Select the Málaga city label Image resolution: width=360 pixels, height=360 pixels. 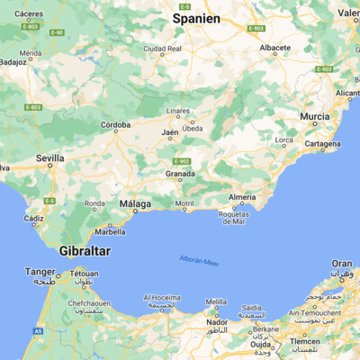[135, 204]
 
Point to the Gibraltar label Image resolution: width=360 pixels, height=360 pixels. [85, 251]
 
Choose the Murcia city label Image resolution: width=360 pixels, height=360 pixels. [314, 117]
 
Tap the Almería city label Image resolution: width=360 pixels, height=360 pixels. [242, 196]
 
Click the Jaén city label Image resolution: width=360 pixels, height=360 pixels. [170, 132]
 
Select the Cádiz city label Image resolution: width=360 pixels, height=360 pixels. [34, 218]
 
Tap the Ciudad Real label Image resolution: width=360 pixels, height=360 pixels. [163, 48]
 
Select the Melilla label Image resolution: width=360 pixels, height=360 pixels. [216, 301]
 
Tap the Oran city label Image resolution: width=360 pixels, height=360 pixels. [341, 264]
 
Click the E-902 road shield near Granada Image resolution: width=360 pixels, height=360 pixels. [181, 160]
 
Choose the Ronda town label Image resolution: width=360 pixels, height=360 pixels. [94, 203]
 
